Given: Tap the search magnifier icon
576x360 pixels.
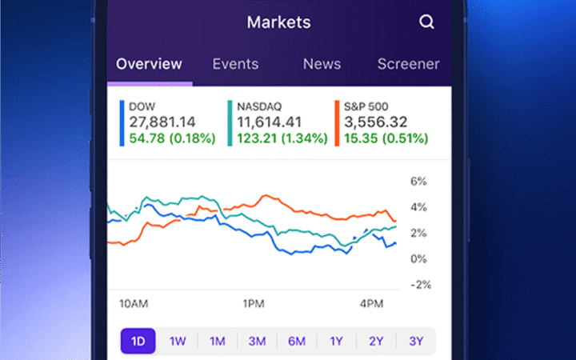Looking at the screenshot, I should pyautogui.click(x=426, y=22).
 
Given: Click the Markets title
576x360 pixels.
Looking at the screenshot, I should pyautogui.click(x=278, y=22).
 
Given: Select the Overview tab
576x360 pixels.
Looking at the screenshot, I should pyautogui.click(x=150, y=64).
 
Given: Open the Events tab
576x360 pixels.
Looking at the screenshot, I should pyautogui.click(x=235, y=64).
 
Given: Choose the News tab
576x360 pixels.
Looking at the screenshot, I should pyautogui.click(x=322, y=64).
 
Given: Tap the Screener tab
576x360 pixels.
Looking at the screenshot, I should pyautogui.click(x=408, y=64).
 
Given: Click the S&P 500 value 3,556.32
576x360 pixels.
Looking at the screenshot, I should pyautogui.click(x=376, y=122).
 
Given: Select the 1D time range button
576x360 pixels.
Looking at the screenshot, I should pyautogui.click(x=138, y=341).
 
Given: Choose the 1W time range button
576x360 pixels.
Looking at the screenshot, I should pyautogui.click(x=178, y=341).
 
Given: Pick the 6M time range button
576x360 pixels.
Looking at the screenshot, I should pyautogui.click(x=297, y=341).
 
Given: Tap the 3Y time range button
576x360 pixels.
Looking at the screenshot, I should pyautogui.click(x=416, y=341).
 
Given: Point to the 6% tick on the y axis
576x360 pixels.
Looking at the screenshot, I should pyautogui.click(x=418, y=182).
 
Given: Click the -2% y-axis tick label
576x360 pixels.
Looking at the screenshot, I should pyautogui.click(x=421, y=284).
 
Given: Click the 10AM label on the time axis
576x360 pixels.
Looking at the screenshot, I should pyautogui.click(x=133, y=304).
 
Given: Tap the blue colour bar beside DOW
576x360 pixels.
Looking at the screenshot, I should pyautogui.click(x=122, y=122).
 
